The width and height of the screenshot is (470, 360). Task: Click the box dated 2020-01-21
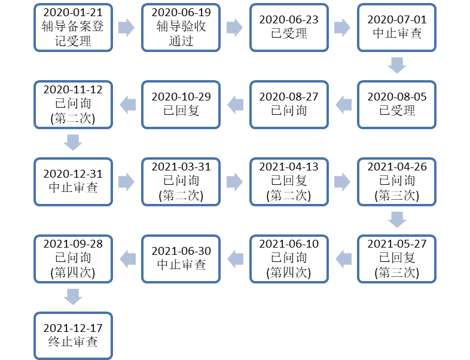(x=73, y=28)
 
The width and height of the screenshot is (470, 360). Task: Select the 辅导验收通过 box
(x=181, y=28)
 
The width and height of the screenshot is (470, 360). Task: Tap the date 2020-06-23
(x=289, y=20)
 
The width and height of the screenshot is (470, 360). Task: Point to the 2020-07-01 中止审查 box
(x=397, y=28)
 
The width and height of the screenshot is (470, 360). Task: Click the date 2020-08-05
(x=397, y=97)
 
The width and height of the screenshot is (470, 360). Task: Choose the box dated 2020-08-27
(x=289, y=105)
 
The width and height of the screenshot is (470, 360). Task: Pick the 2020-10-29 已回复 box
(x=181, y=105)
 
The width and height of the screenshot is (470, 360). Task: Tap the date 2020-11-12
(x=73, y=90)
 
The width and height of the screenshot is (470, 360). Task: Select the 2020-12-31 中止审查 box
(x=73, y=182)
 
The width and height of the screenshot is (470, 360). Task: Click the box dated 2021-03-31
(x=181, y=182)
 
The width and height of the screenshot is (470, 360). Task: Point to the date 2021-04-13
(x=289, y=167)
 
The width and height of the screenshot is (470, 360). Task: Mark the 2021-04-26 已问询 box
(x=397, y=182)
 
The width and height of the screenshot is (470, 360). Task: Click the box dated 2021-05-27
(x=397, y=259)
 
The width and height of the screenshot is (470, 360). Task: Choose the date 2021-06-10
(x=289, y=244)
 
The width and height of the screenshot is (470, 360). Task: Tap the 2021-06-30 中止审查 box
(x=181, y=259)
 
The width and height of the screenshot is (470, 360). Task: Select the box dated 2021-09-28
(x=73, y=259)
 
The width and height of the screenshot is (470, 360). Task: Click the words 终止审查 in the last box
(x=73, y=341)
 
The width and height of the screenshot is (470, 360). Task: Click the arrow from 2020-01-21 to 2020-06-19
(x=127, y=28)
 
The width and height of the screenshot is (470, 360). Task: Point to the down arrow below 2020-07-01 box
(x=397, y=65)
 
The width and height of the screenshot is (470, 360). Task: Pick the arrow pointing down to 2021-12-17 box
(x=73, y=297)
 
